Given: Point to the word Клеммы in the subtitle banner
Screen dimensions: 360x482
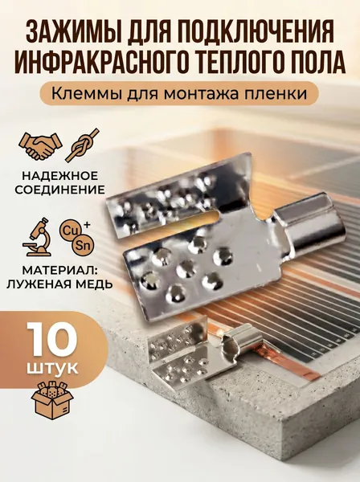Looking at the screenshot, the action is pos(85,93).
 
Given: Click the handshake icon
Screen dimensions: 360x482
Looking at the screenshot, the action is pos(40,145).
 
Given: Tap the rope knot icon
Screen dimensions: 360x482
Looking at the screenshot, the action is pos(83,145).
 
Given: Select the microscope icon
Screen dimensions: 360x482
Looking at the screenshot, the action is pos(39,237).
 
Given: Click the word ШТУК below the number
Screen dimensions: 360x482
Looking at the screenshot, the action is pos(52,368).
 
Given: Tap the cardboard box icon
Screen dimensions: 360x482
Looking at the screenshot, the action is pos(52,401).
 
